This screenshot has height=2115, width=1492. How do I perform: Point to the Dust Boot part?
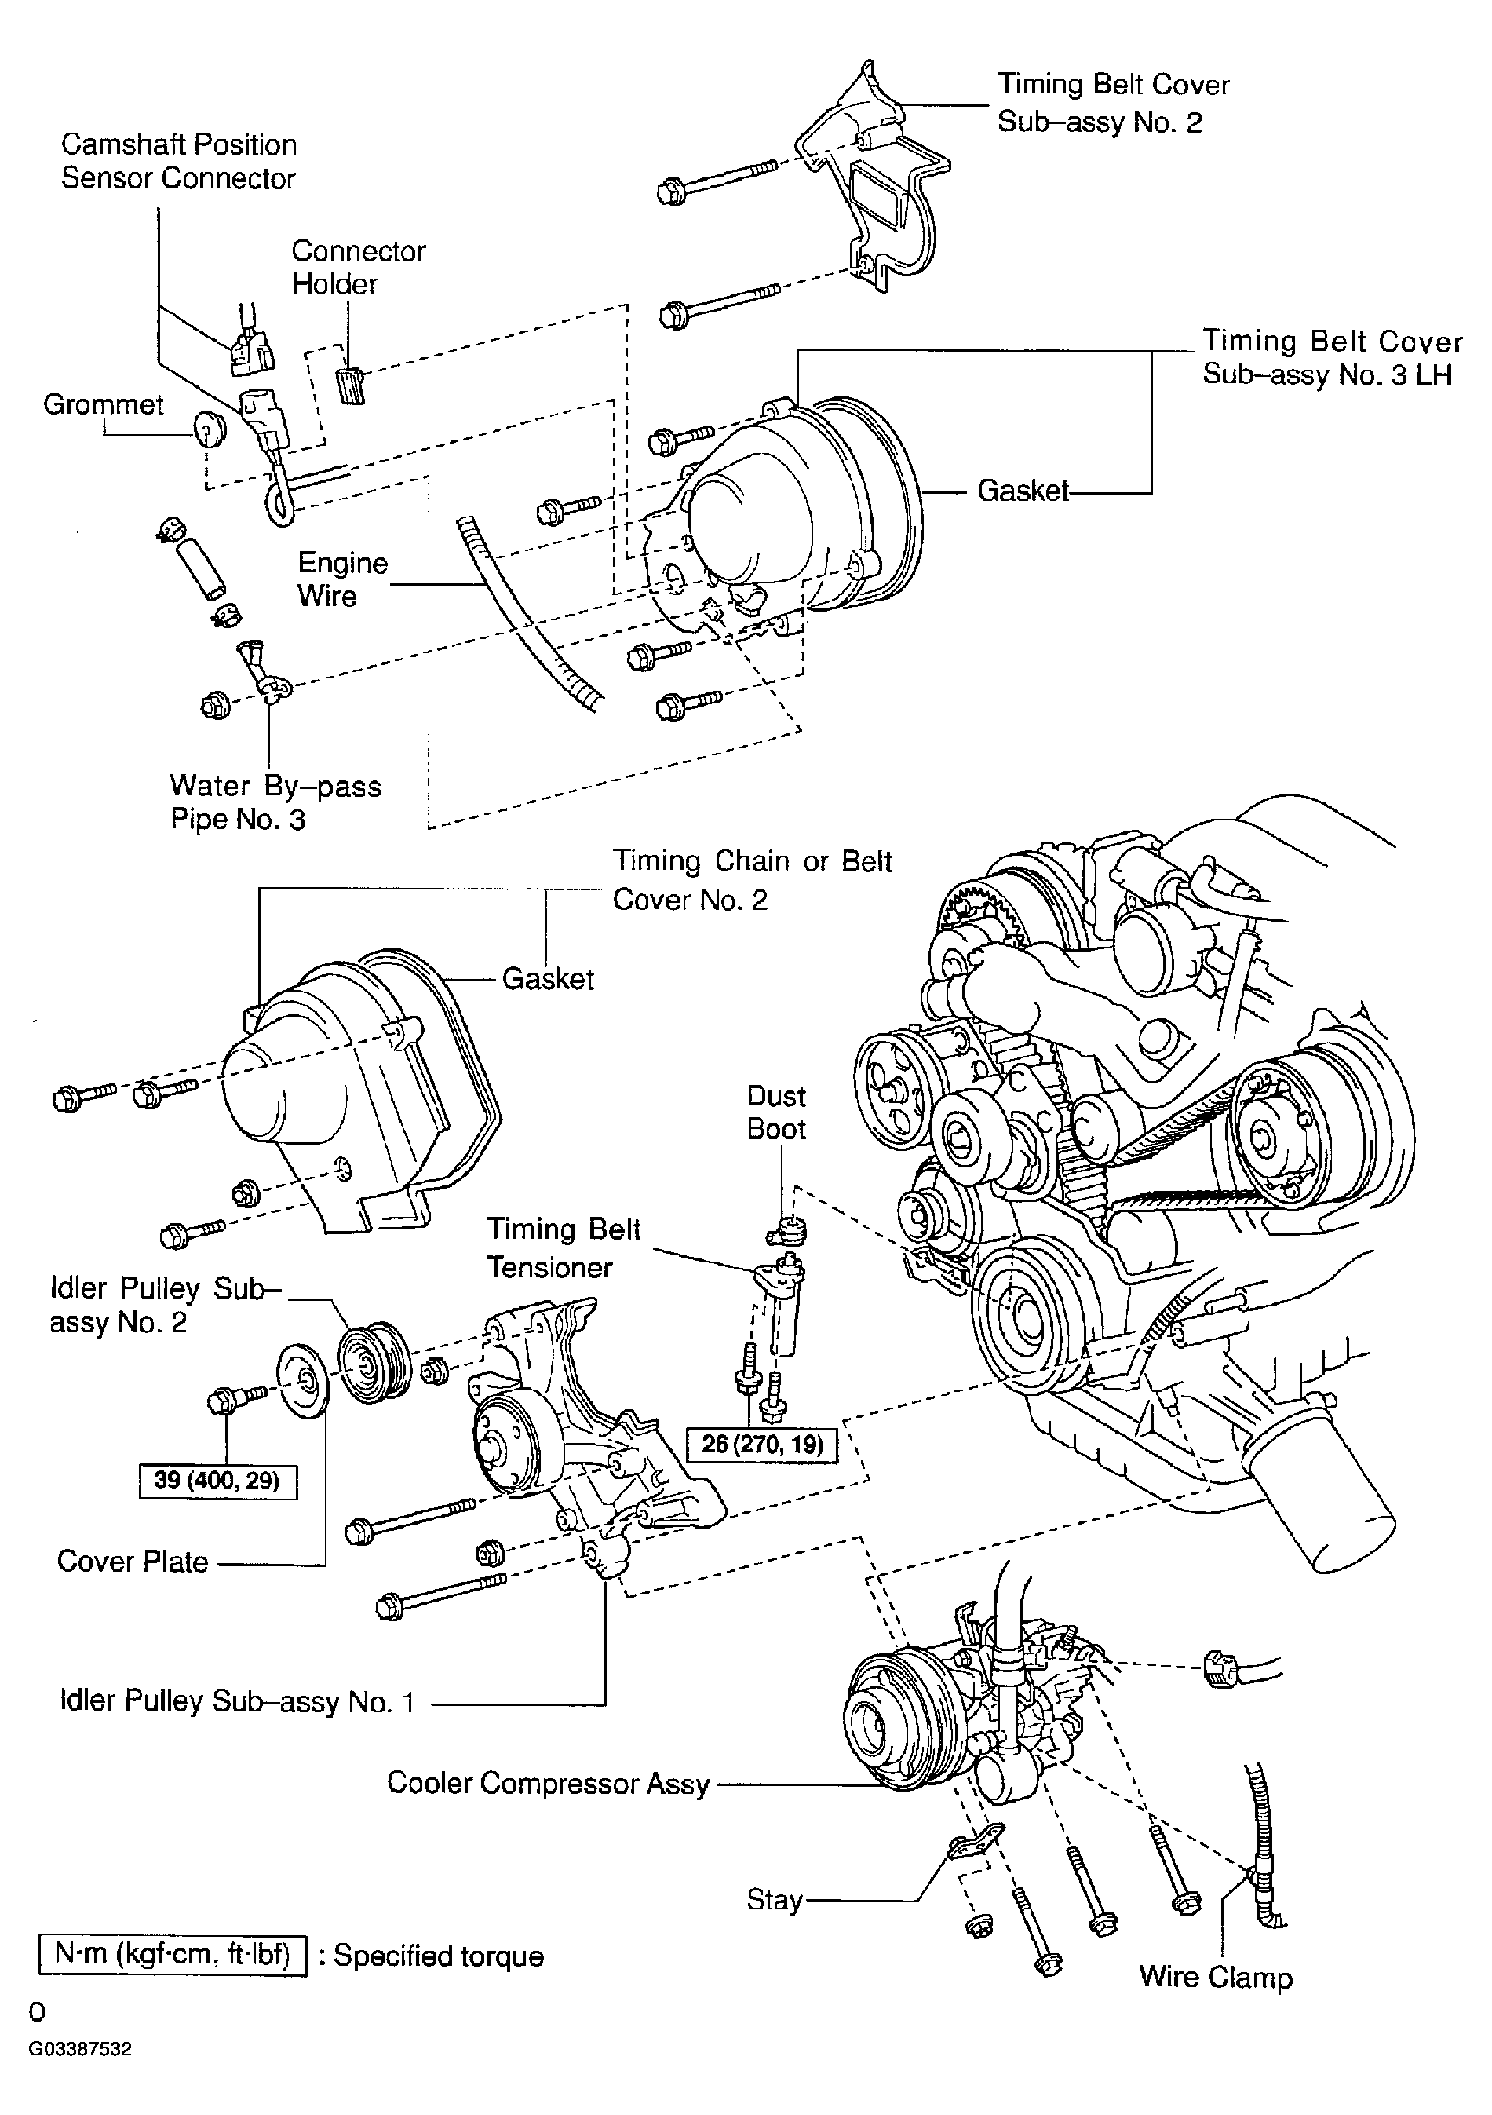pyautogui.click(x=787, y=1229)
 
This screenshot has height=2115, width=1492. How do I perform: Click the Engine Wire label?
pyautogui.click(x=343, y=579)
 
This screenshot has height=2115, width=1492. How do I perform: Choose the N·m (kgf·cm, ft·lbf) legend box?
pyautogui.click(x=172, y=1955)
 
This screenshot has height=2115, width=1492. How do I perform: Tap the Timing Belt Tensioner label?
pyautogui.click(x=564, y=1248)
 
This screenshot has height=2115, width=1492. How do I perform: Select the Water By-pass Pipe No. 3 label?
pyautogui.click(x=275, y=802)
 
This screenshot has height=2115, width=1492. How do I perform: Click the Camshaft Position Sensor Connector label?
pyautogui.click(x=179, y=161)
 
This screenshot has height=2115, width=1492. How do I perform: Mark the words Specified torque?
pyautogui.click(x=439, y=1956)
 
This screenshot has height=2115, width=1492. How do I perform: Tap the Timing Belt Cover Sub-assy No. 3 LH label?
pyautogui.click(x=1332, y=357)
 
